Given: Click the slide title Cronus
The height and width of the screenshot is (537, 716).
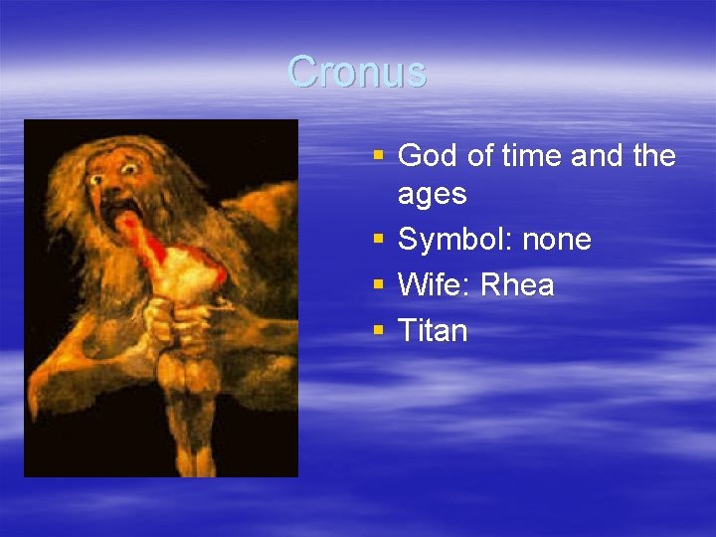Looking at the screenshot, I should (357, 72).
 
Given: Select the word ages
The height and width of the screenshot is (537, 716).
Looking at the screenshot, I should (432, 194).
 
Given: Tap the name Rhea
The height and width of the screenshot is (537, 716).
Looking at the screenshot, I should (517, 285).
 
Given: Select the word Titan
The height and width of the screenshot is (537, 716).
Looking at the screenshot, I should (432, 330).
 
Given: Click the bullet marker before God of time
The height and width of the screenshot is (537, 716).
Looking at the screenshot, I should (377, 156).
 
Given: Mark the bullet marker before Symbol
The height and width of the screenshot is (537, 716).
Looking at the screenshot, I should (377, 240).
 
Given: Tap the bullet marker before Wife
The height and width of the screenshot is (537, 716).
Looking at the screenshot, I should (377, 285).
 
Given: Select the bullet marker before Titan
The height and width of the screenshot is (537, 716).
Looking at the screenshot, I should (377, 330).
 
